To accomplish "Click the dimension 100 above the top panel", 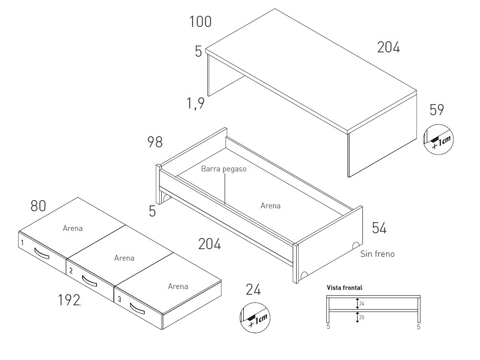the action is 200,22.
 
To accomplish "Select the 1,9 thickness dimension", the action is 196,103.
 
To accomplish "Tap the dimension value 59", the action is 437,110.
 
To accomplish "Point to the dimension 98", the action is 155,142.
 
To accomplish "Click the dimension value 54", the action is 379,228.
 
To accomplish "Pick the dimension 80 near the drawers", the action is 38,206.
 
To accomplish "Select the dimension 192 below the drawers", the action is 69,300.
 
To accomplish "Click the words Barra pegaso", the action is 224,169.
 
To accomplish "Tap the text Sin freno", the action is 377,254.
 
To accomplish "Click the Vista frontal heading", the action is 344,288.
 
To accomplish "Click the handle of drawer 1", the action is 42,253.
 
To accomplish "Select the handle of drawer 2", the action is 89,281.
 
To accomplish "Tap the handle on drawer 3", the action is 137,309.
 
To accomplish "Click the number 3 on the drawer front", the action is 120,299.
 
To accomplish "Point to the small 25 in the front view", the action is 362,317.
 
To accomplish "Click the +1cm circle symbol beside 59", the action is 438,140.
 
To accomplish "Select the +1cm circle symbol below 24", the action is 255,318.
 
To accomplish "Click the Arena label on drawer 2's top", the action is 124,258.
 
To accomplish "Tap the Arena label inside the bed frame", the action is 271,206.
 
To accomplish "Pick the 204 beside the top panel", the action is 388,48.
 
